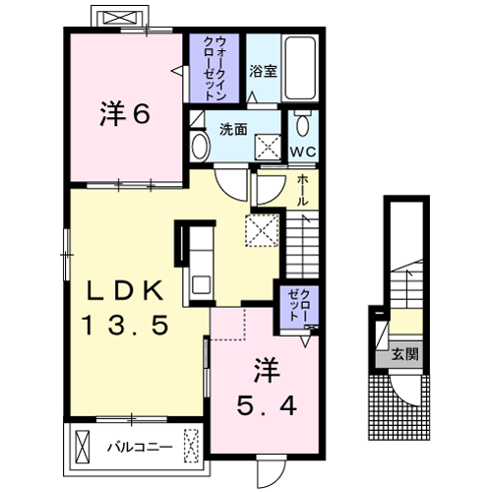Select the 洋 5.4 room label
(x=264, y=386)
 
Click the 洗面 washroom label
(x=232, y=129)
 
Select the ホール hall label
(x=303, y=187)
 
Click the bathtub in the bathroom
(x=299, y=68)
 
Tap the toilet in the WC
(x=302, y=124)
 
